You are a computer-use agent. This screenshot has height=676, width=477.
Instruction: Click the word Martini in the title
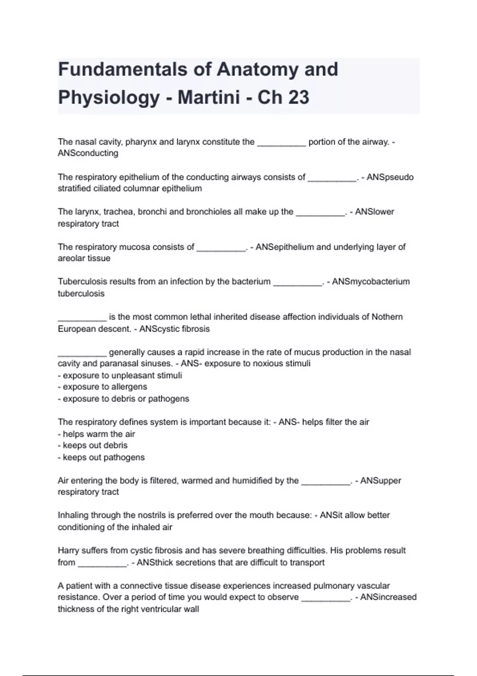pos(209,97)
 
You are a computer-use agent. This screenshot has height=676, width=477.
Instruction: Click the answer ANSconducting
pos(88,153)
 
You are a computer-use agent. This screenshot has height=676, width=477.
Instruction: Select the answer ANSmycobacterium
pos(370,282)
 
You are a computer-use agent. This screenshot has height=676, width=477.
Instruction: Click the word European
pos(76,329)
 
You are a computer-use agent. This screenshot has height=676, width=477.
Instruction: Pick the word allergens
pos(129,387)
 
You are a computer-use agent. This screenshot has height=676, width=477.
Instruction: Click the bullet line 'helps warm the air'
pos(97,434)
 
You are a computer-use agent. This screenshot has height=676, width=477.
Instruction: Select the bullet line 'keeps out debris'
pos(93,445)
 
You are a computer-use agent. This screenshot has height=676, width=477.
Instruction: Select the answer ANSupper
pos(380,480)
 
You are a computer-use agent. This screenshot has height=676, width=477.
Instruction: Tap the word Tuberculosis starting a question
pos(82,282)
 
